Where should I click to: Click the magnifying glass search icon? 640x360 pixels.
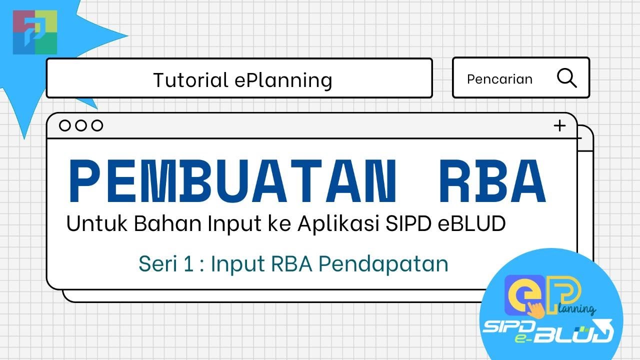566,78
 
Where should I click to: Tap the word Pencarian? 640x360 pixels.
499,79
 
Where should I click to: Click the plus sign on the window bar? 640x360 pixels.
559,125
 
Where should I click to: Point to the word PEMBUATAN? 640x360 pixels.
233,181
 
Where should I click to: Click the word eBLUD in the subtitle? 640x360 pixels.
471,223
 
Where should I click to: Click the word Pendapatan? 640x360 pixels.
384,263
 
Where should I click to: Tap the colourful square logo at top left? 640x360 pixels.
35,31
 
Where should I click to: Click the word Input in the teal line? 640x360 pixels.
237,263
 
